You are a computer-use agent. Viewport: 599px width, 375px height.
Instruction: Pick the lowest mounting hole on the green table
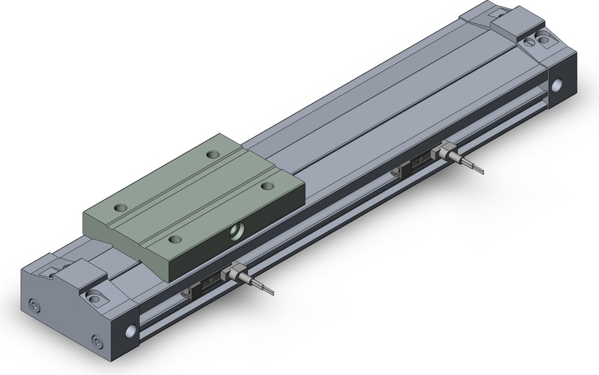point(174,238)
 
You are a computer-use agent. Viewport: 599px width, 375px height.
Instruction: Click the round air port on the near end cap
point(133,329)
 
